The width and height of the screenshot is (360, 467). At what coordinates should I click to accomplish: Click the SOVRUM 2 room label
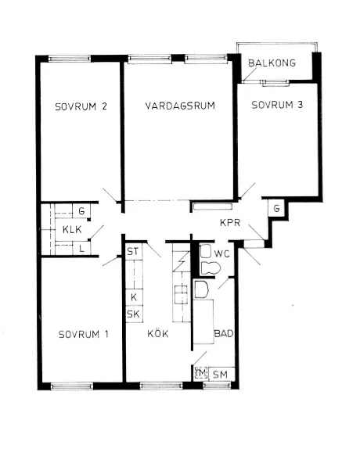(80, 108)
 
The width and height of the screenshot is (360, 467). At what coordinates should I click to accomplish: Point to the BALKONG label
(272, 63)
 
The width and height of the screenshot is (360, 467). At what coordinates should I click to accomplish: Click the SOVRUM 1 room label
(83, 334)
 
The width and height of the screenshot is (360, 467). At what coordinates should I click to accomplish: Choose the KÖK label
(157, 334)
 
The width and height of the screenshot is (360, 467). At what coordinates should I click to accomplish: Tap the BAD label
(224, 334)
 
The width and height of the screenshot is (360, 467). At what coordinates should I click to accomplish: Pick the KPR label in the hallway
(230, 223)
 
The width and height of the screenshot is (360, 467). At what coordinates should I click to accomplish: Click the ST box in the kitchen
(132, 252)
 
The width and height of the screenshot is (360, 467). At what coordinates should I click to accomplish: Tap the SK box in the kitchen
(133, 314)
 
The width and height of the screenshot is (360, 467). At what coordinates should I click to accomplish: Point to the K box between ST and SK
(134, 298)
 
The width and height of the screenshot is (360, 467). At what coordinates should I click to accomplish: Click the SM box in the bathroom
(221, 375)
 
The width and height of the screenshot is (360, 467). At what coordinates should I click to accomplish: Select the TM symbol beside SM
(200, 375)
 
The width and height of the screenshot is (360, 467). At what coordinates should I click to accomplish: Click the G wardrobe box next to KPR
(276, 208)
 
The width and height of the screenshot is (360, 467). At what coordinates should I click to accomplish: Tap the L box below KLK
(81, 248)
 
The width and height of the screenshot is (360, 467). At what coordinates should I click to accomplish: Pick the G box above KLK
(81, 211)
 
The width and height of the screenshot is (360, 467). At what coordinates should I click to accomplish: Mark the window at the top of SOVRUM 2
(67, 58)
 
